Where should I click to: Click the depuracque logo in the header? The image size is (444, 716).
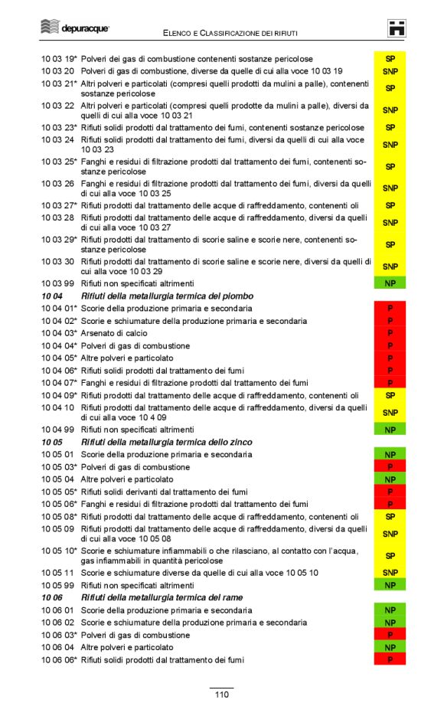click(74, 28)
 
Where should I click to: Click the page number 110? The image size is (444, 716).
click(221, 695)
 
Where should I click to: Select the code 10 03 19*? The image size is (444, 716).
click(58, 59)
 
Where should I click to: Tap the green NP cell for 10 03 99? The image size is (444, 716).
click(390, 283)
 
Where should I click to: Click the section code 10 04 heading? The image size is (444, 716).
click(51, 296)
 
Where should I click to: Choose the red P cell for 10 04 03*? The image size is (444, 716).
click(390, 333)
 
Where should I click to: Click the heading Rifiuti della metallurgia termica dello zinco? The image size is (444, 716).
click(166, 442)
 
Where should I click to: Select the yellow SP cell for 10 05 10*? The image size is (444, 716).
click(390, 556)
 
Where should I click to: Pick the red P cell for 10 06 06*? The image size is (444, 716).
click(390, 660)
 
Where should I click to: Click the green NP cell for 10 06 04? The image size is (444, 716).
click(390, 648)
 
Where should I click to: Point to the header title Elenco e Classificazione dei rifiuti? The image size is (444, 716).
click(230, 33)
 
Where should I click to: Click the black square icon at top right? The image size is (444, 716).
click(397, 28)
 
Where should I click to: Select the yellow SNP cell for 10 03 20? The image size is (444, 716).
click(390, 71)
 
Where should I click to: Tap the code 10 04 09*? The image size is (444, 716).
click(58, 396)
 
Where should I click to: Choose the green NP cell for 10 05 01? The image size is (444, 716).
click(390, 455)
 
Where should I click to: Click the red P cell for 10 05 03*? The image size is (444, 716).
click(390, 467)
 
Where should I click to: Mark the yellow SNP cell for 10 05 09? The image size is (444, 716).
click(390, 534)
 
